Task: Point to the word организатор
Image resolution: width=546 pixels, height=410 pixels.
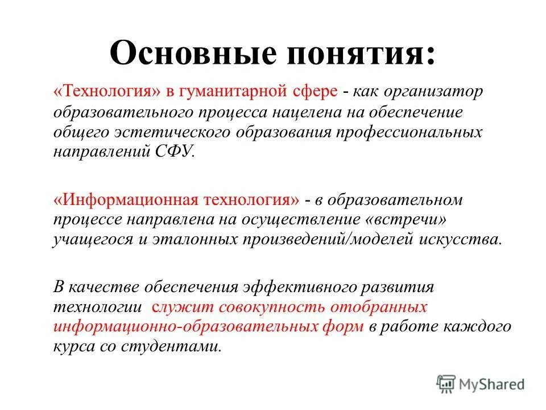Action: [432, 91]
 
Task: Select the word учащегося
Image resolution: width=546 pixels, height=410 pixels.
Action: [90, 240]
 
